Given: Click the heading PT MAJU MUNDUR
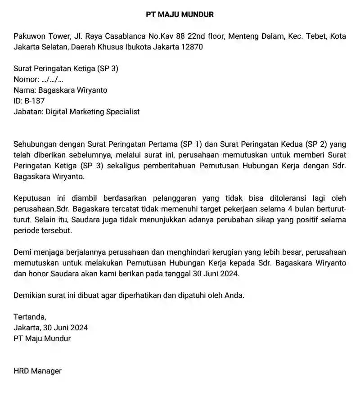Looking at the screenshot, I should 180,14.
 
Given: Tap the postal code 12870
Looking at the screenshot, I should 192,47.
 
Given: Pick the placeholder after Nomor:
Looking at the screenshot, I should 52,79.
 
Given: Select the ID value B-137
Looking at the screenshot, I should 35,101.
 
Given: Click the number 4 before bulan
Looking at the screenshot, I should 265,209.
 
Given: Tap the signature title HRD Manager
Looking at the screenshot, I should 37,371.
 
